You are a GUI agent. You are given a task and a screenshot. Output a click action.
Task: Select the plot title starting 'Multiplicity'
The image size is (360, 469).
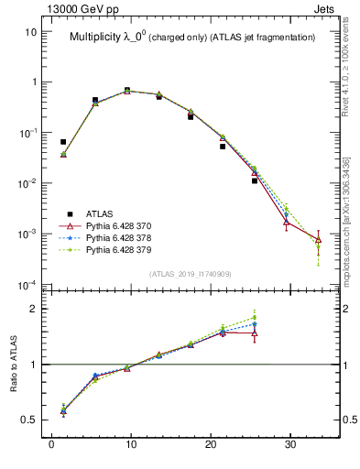(192, 38)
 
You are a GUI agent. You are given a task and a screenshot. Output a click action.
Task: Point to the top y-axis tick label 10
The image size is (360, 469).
(30, 31)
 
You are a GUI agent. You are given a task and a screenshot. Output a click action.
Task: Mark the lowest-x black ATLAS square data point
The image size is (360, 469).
(63, 142)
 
